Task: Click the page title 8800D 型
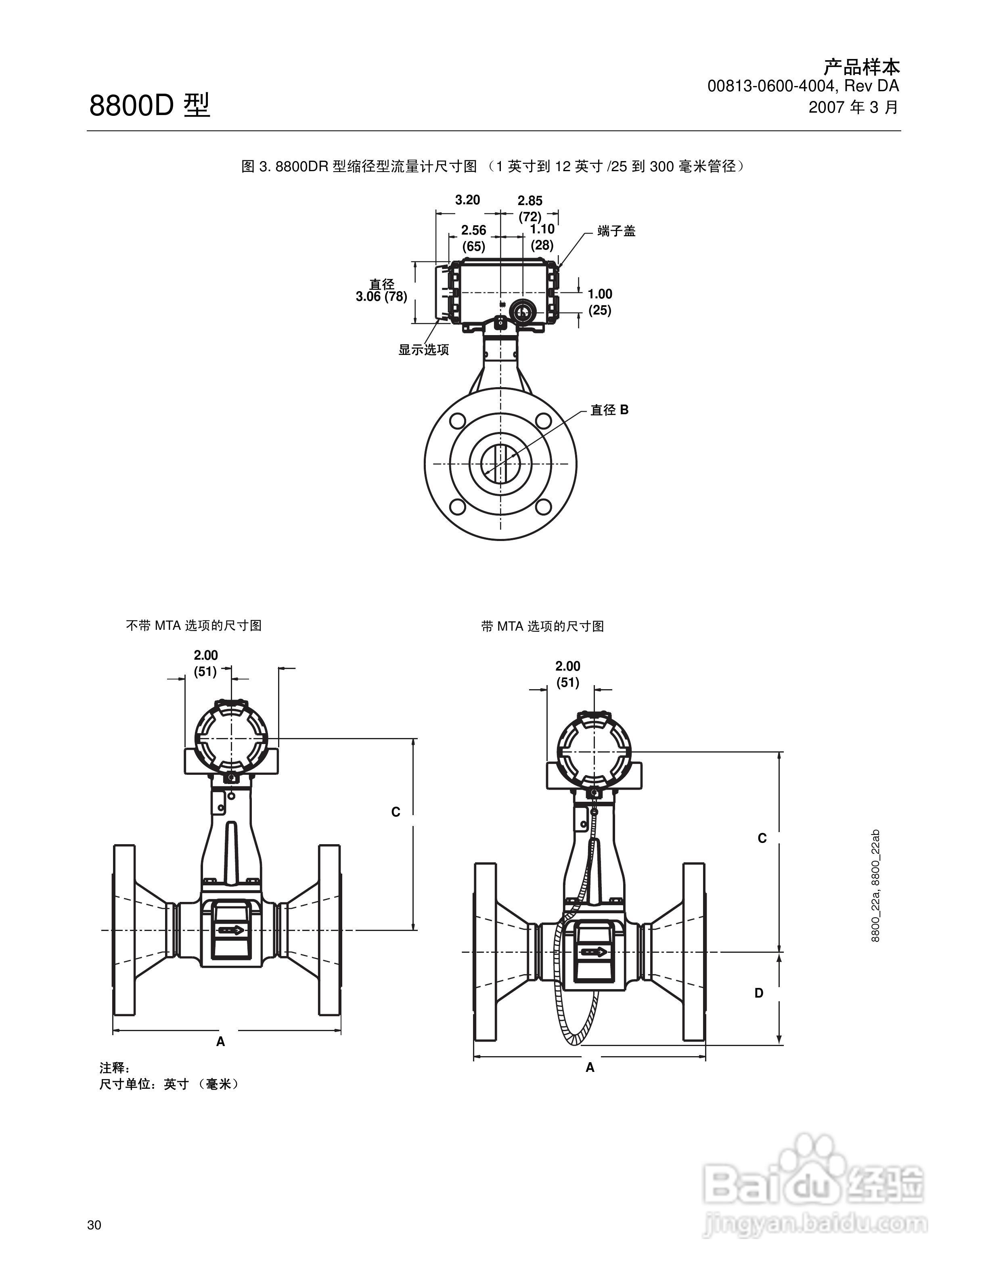149,105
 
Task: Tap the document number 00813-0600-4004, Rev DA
803,86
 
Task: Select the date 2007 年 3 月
853,107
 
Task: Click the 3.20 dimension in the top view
468,200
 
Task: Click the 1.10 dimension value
542,229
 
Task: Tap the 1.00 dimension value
600,294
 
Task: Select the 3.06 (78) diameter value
382,297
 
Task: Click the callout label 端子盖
616,231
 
